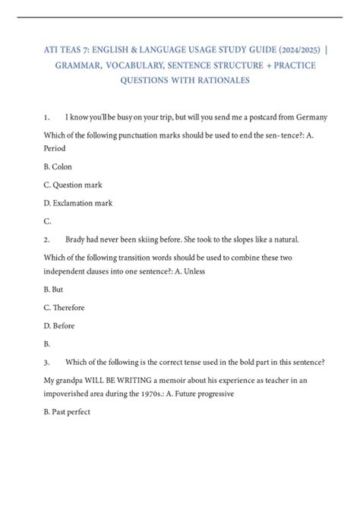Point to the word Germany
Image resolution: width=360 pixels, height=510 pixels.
pyautogui.click(x=309, y=117)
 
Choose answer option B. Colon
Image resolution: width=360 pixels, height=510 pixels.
pyautogui.click(x=58, y=166)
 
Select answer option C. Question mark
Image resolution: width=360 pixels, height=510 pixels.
pyautogui.click(x=73, y=185)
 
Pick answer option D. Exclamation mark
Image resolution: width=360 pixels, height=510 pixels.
pyautogui.click(x=78, y=203)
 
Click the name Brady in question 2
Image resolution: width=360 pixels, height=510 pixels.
pyautogui.click(x=77, y=239)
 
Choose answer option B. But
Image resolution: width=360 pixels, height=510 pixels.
pyautogui.click(x=54, y=290)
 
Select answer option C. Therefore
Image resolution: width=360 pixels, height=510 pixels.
pyautogui.click(x=64, y=308)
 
